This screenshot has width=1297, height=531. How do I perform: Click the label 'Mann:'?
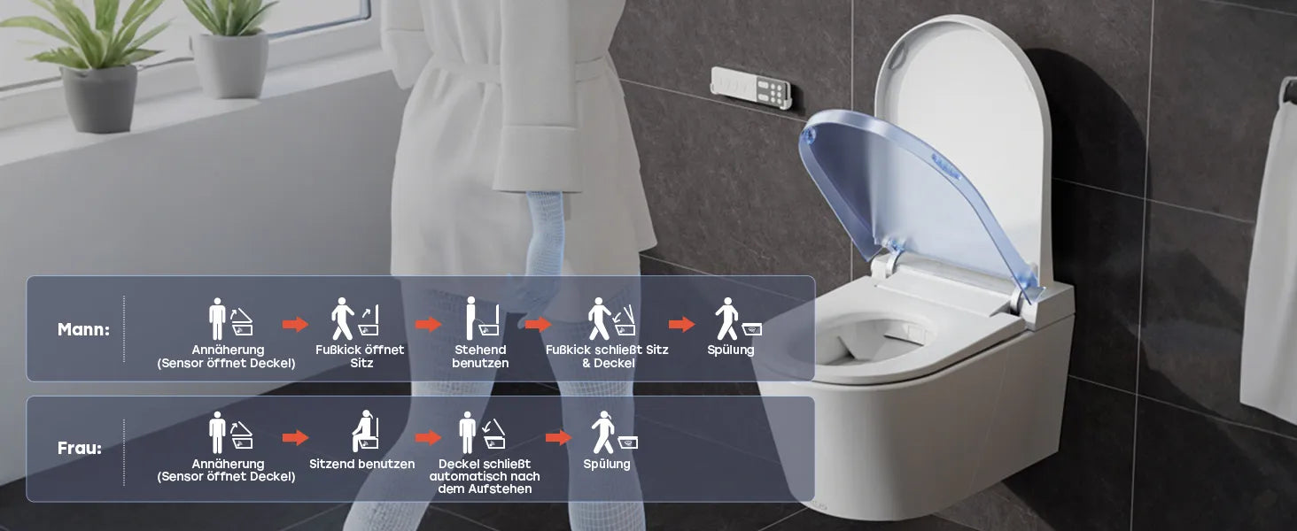pyautogui.click(x=83, y=329)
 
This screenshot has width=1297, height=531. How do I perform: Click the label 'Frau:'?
pyautogui.click(x=80, y=448)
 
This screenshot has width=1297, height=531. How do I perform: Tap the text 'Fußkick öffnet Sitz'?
pyautogui.click(x=361, y=357)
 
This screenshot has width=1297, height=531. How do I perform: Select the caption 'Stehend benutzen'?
pyautogui.click(x=480, y=357)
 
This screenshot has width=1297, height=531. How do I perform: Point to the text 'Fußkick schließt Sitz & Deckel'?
pyautogui.click(x=608, y=357)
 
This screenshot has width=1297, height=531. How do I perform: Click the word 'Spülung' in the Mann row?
pyautogui.click(x=731, y=350)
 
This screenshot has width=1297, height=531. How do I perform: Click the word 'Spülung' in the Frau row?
pyautogui.click(x=607, y=464)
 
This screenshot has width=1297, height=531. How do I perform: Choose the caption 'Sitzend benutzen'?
pyautogui.click(x=361, y=464)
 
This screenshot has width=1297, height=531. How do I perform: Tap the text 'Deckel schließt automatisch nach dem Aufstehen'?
pyautogui.click(x=485, y=476)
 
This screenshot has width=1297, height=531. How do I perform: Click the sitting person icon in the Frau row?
pyautogui.click(x=365, y=432)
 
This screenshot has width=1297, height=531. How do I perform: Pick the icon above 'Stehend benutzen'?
pyautogui.click(x=482, y=319)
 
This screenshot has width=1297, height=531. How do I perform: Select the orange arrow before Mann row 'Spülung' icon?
pyautogui.click(x=681, y=325)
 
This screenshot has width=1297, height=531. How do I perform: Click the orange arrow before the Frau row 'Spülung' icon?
pyautogui.click(x=558, y=438)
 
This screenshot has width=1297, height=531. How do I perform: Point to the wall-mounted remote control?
pyautogui.click(x=751, y=88)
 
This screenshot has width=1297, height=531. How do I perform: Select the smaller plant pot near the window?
pyautogui.click(x=229, y=65)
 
